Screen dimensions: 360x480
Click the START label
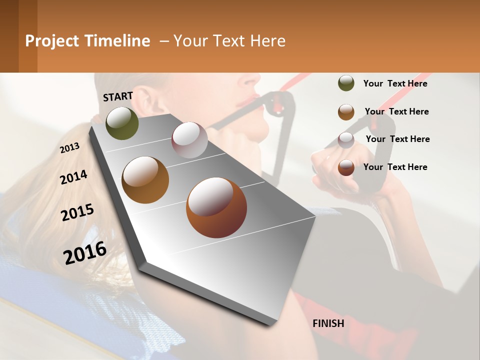click(x=118, y=96)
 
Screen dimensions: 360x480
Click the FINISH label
click(x=328, y=323)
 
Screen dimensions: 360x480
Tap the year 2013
click(x=70, y=148)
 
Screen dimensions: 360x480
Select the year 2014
click(x=74, y=177)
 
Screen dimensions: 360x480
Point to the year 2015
click(x=77, y=212)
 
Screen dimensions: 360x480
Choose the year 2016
click(x=85, y=253)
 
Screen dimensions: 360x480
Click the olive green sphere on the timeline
click(x=122, y=123)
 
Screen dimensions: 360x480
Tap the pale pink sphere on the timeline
click(x=189, y=140)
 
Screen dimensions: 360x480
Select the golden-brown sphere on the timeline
click(x=145, y=180)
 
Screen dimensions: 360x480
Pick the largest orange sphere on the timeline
click(x=216, y=207)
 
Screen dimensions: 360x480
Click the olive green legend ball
click(x=346, y=83)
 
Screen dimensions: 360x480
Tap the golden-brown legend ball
click(x=346, y=112)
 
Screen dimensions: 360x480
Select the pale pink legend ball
click(x=346, y=140)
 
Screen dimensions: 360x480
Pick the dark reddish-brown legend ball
click(x=346, y=167)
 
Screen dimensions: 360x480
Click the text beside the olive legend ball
click(x=395, y=83)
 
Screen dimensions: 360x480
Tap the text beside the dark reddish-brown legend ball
click(x=395, y=167)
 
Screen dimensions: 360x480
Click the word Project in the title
click(x=52, y=41)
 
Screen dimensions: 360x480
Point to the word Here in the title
click(x=267, y=41)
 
